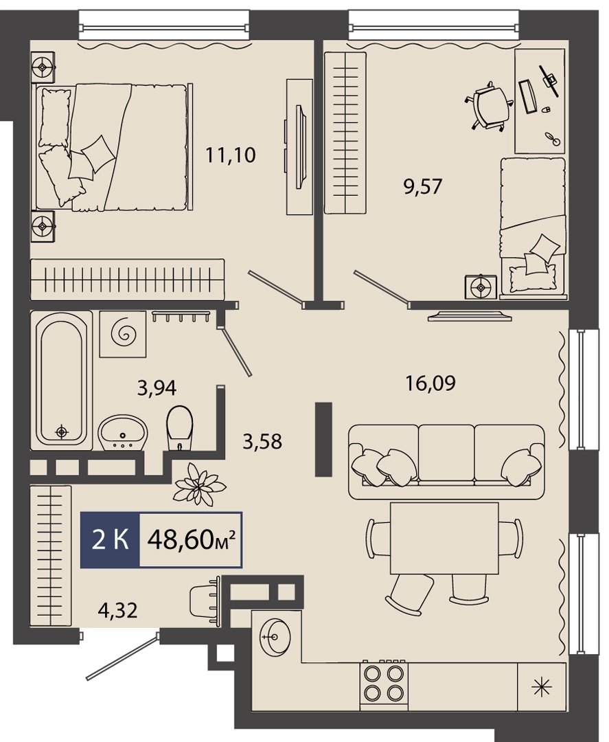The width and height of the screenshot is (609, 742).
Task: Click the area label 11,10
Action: [230, 155]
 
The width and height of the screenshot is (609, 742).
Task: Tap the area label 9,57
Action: [422, 186]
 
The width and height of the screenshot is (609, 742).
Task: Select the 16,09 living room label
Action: [430, 383]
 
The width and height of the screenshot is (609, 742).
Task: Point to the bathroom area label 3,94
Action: [157, 388]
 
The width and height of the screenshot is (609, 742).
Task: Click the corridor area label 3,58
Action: [262, 442]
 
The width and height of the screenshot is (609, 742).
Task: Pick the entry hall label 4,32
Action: [117, 611]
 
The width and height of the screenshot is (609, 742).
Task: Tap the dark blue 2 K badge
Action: [110, 539]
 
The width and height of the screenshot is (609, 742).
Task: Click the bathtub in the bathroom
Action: [62, 379]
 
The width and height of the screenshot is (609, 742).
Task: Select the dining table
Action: [444, 539]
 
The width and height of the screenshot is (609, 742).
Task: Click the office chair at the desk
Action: [490, 107]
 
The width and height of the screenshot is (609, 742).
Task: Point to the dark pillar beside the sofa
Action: [324, 439]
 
